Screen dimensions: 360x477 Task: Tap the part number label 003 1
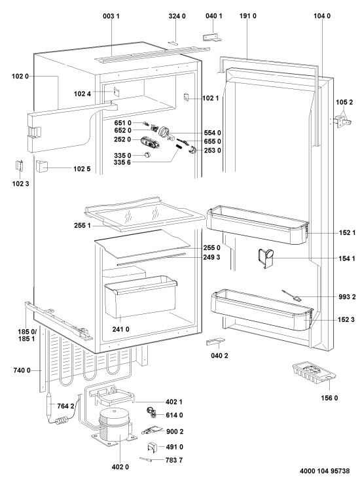click(x=111, y=16)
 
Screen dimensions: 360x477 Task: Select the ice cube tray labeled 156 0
click(x=314, y=372)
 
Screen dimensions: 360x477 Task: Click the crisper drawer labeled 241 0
click(x=141, y=296)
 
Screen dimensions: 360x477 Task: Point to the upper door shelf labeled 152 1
click(x=258, y=226)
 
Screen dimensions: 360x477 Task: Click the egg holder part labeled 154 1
click(x=265, y=258)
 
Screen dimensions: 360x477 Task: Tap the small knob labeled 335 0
click(x=147, y=154)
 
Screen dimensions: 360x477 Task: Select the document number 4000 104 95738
click(x=324, y=471)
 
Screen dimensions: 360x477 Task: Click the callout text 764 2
click(x=65, y=406)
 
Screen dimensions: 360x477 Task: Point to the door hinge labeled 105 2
click(x=343, y=121)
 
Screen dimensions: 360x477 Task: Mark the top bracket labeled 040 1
click(x=212, y=37)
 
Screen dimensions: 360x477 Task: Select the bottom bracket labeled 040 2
click(x=215, y=342)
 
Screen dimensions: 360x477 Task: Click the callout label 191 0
click(x=248, y=16)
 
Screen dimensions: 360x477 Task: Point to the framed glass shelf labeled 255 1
click(x=144, y=214)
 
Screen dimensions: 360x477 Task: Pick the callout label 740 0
click(x=22, y=370)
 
